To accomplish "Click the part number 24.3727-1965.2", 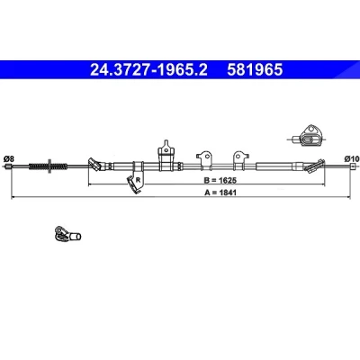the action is tap(148, 69).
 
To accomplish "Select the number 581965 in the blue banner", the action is tap(255, 69).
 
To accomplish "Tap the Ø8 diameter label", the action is tap(9, 158).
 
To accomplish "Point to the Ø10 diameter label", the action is tap(352, 158).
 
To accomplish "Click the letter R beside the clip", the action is tap(138, 180).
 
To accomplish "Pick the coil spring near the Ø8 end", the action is tap(48, 166).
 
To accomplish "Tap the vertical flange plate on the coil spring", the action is tap(49, 166).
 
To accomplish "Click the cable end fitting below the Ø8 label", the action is tap(9, 166).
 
